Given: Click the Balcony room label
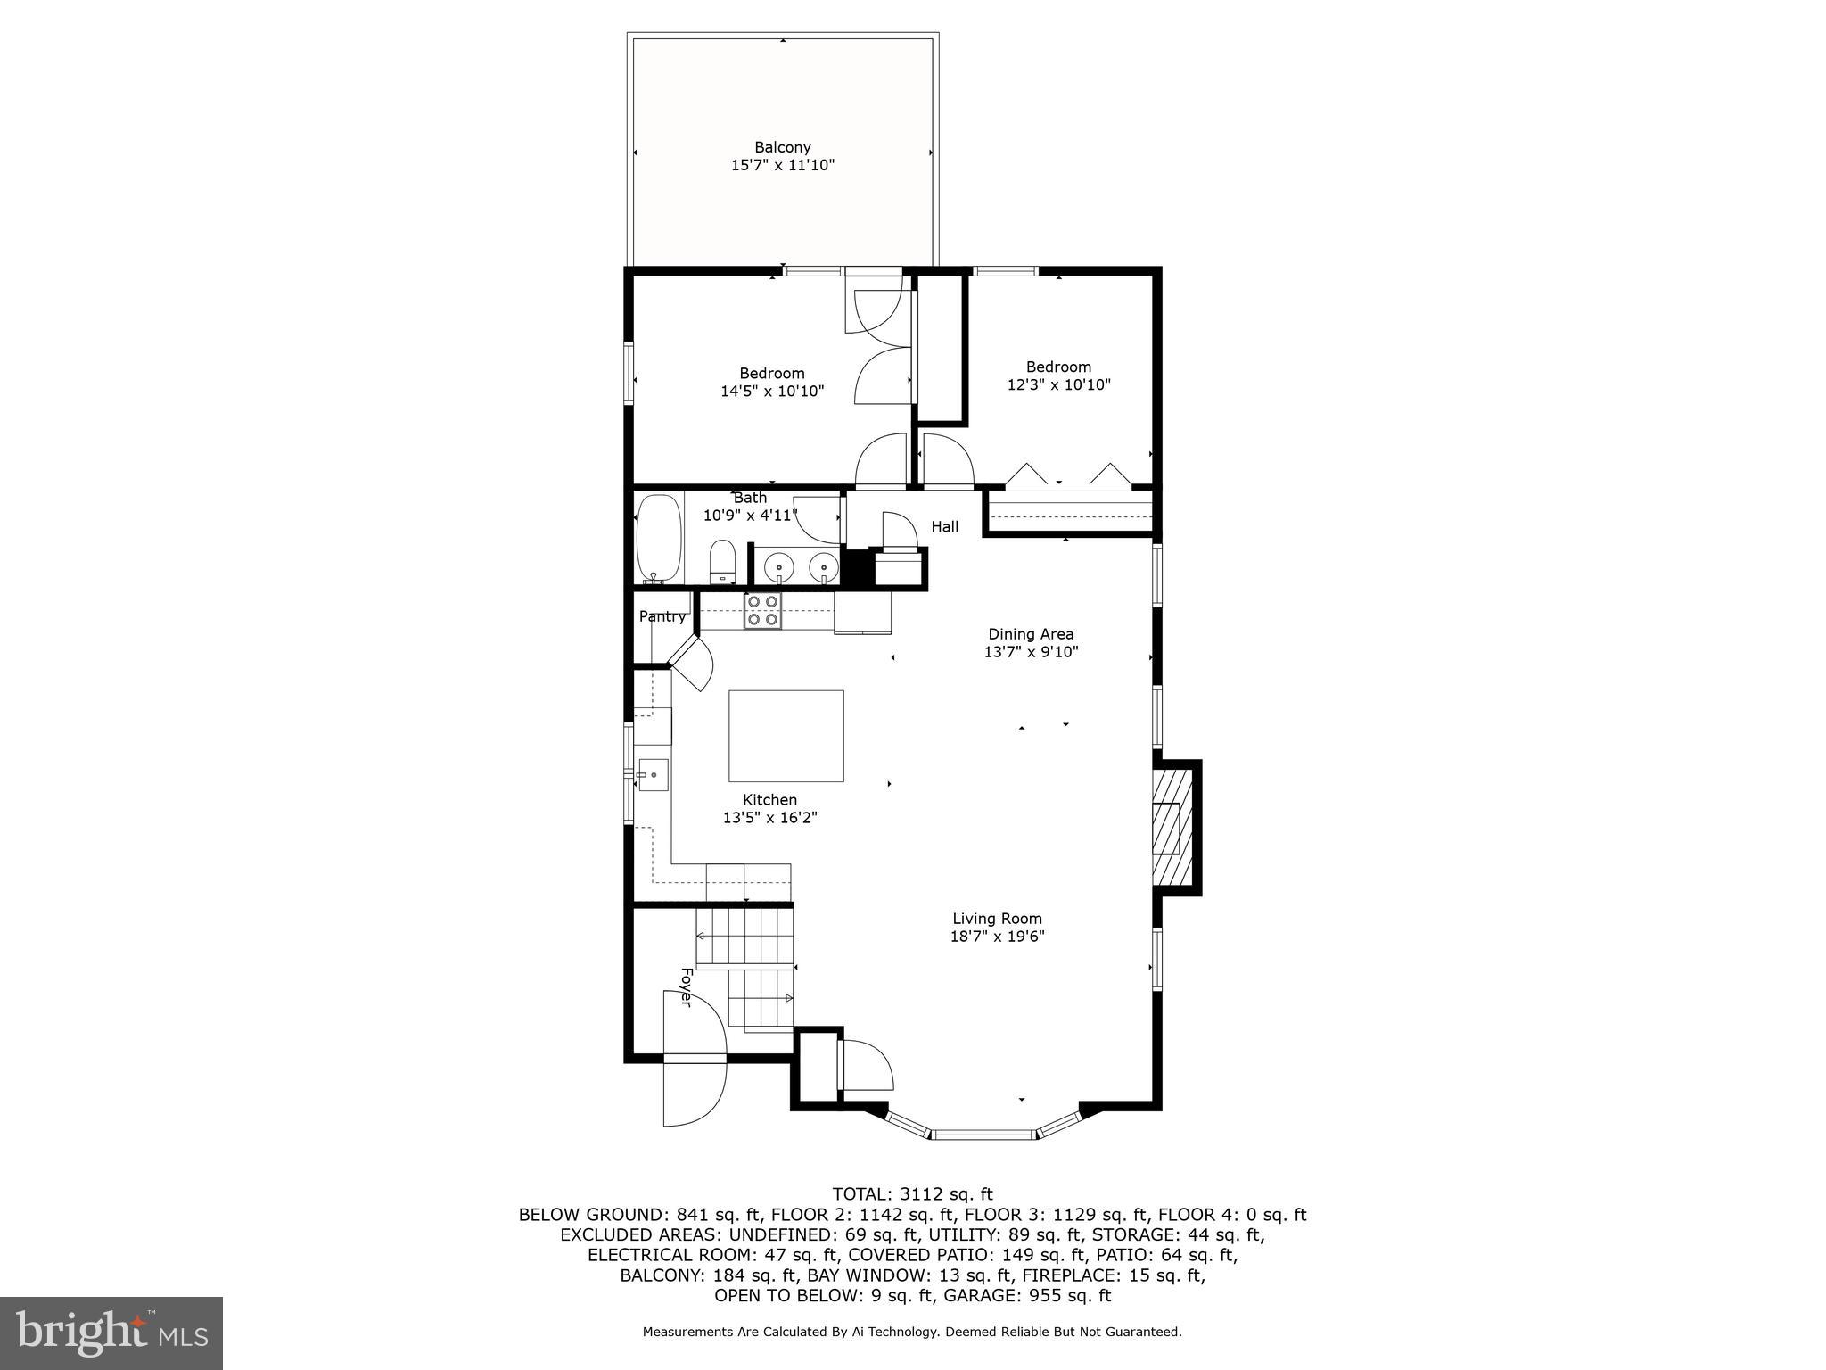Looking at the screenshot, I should tap(782, 147).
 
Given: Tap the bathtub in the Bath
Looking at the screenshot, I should tap(659, 538).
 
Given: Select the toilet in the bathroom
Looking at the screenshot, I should tap(722, 561).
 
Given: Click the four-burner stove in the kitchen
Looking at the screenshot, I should tap(763, 611).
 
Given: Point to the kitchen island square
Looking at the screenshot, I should tap(786, 736).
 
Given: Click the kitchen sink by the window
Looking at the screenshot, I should tap(653, 775).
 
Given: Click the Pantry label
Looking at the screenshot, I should tap(662, 616).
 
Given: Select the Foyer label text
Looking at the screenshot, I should tap(686, 987).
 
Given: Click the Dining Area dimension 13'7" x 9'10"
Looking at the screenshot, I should tap(1031, 652).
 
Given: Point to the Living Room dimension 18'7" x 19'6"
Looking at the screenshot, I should tap(997, 937).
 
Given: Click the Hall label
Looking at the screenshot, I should tap(944, 527).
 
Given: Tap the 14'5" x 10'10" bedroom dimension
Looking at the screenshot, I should tap(772, 391).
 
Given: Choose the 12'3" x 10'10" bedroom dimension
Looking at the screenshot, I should tap(1058, 385).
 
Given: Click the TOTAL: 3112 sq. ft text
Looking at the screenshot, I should tap(912, 1194).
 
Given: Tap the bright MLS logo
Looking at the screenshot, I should tap(111, 1332).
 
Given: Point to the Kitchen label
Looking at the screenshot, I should tap(769, 800).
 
